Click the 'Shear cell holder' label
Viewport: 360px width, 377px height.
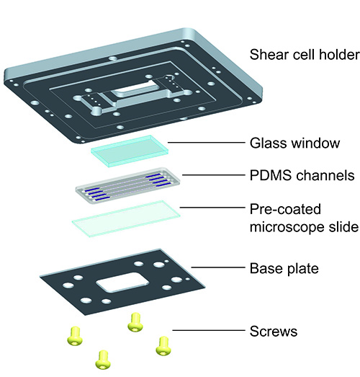[x=305, y=55]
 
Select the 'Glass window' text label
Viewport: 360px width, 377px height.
[x=294, y=143]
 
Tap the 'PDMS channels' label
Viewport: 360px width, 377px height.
[x=302, y=175]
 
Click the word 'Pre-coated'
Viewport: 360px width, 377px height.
[x=285, y=209]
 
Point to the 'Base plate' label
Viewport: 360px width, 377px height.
[x=284, y=268]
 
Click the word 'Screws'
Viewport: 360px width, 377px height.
[x=274, y=331]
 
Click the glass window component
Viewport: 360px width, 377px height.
[x=130, y=151]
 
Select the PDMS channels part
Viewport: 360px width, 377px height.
[x=127, y=185]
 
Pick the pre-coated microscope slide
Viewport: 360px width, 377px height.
[x=126, y=219]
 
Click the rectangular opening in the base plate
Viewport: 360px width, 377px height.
[x=122, y=283]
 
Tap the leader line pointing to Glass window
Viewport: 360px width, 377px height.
[x=207, y=143]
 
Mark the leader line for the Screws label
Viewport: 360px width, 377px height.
[x=209, y=330]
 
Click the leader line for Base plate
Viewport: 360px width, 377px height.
[x=218, y=267]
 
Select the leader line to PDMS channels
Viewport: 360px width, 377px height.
[x=214, y=174]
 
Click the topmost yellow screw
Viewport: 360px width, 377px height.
[x=135, y=322]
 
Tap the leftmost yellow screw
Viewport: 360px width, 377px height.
[x=75, y=336]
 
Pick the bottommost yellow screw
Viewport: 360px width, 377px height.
[x=103, y=360]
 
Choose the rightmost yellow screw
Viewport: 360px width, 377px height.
[x=163, y=346]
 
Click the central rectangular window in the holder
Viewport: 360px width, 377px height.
[x=135, y=90]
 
